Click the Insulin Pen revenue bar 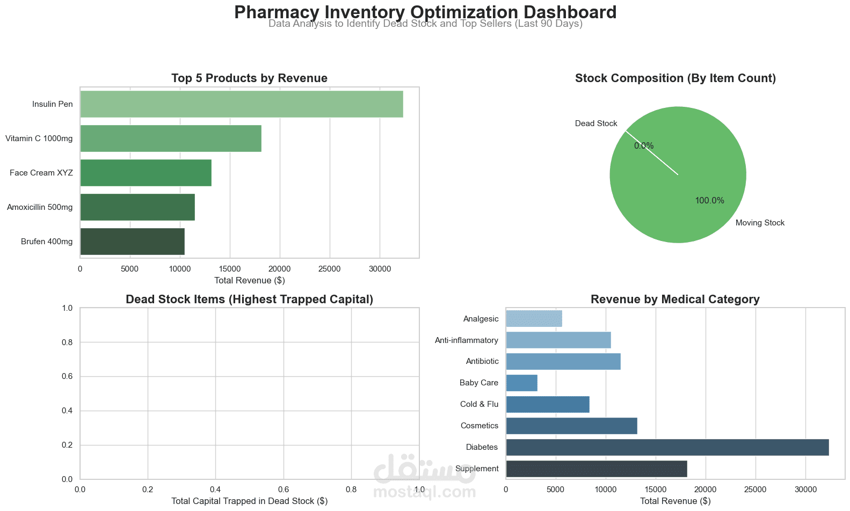(x=242, y=104)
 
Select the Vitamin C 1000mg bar (x=171, y=138)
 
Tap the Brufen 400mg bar (x=132, y=242)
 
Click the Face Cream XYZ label (x=41, y=173)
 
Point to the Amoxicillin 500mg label (x=40, y=207)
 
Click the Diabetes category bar (x=667, y=447)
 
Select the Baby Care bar (x=521, y=383)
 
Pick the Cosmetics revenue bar (x=571, y=426)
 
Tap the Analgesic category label (x=481, y=319)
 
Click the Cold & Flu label (x=479, y=404)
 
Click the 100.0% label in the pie (x=709, y=201)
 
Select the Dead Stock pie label (x=596, y=123)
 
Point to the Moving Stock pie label (x=760, y=223)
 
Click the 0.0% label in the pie (x=644, y=146)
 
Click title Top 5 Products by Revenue (x=249, y=78)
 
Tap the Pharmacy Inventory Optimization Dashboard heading (x=425, y=12)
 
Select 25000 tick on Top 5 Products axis (x=329, y=269)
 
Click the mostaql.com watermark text (x=424, y=492)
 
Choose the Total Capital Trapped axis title (x=249, y=501)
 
